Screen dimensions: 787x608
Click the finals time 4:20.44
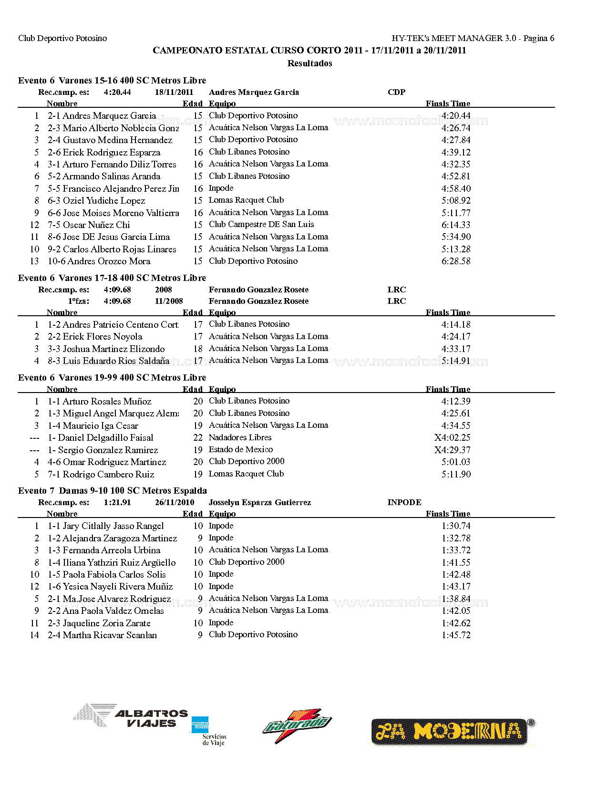[455, 116]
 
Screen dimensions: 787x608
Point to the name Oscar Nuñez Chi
[96, 225]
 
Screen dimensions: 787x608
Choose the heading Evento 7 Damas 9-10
[112, 491]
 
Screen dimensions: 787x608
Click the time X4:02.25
[452, 438]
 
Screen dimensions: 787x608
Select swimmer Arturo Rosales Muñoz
[107, 402]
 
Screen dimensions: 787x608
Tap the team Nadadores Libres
[240, 437]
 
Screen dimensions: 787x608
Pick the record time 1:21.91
[117, 502]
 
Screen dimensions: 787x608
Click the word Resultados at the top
[309, 63]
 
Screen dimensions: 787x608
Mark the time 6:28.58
[455, 261]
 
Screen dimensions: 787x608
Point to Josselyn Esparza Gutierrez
[259, 502]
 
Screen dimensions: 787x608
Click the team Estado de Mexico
[240, 450]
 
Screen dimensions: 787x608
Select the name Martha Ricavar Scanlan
[110, 635]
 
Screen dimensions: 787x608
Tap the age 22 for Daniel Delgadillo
[198, 438]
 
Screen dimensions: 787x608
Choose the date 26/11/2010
[175, 502]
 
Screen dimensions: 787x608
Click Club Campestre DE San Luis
[261, 224]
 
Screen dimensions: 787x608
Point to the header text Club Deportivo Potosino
[62, 38]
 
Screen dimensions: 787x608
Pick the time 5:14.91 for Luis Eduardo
[455, 361]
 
